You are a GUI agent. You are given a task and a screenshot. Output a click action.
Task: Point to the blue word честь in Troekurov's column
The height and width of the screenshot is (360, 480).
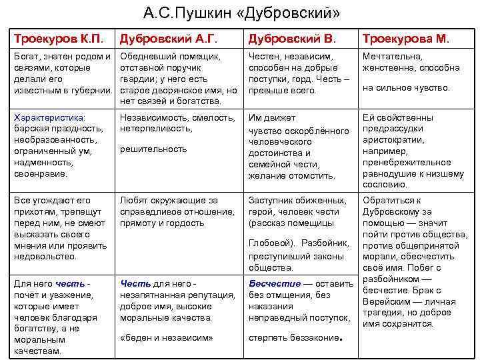click(x=70, y=283)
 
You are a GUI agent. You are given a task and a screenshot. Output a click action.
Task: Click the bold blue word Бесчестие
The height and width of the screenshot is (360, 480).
click(x=275, y=283)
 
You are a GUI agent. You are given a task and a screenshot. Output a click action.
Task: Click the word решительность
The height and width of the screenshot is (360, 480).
click(x=153, y=149)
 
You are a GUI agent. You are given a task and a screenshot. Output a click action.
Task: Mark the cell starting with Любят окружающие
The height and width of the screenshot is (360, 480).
click(x=179, y=212)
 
